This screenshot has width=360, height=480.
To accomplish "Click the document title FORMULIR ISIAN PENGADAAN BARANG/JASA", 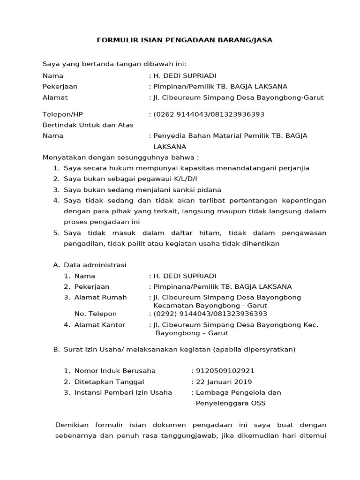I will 184,40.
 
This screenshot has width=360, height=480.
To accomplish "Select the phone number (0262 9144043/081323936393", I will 209,114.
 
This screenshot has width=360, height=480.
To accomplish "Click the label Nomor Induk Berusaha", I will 115,370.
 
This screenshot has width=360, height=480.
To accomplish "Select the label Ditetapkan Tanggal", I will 109,382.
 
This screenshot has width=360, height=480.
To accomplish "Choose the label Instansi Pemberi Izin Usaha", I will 123,392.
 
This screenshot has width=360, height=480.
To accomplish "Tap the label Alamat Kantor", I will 100,324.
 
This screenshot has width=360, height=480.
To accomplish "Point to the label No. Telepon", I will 96,314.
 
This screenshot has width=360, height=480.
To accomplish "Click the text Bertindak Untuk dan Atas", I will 88,125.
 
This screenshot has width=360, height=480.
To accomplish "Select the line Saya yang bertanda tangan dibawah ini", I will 114,64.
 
